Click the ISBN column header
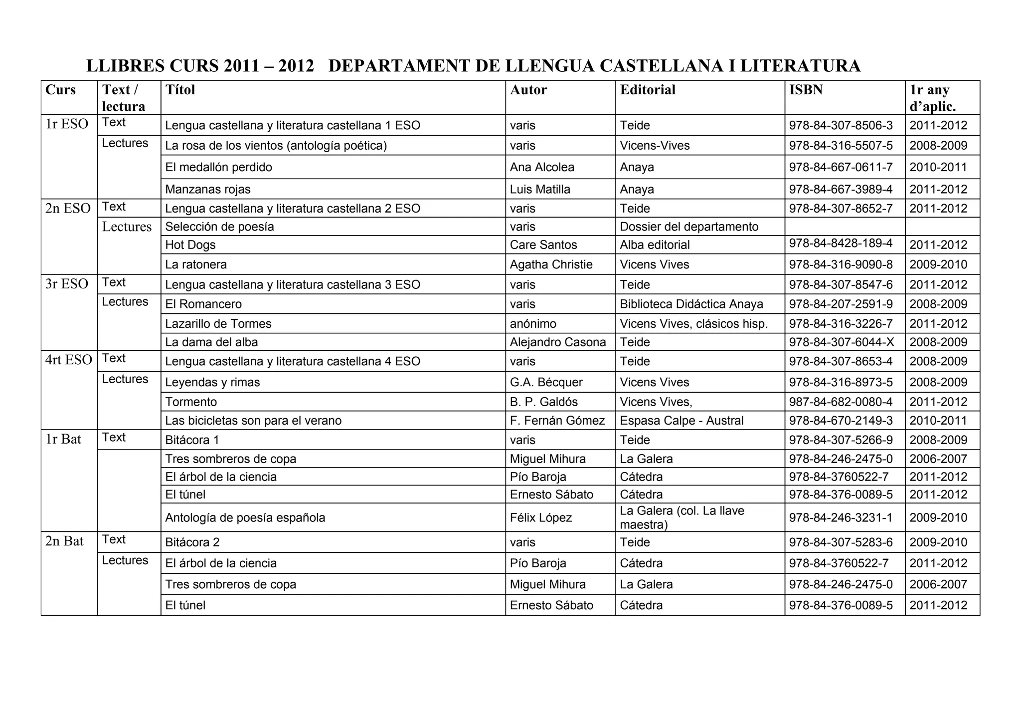pyautogui.click(x=806, y=90)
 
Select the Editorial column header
pyautogui.click(x=647, y=90)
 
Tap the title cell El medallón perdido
pyautogui.click(x=218, y=167)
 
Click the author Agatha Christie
pyautogui.click(x=551, y=264)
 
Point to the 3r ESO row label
pyautogui.click(x=67, y=284)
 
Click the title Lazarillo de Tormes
pyautogui.click(x=218, y=324)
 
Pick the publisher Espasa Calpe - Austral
pyautogui.click(x=681, y=421)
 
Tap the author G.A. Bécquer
pyautogui.click(x=546, y=382)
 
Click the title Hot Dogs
pyautogui.click(x=190, y=245)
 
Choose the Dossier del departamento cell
pyautogui.click(x=689, y=227)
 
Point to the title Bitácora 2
pyautogui.click(x=192, y=542)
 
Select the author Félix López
pyautogui.click(x=540, y=517)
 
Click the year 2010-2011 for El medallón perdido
pyautogui.click(x=938, y=167)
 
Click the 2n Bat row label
pyautogui.click(x=64, y=541)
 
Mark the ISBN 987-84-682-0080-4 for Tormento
pyautogui.click(x=841, y=402)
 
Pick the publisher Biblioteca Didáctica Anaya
pyautogui.click(x=691, y=304)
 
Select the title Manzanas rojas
pyautogui.click(x=207, y=190)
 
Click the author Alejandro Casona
pyautogui.click(x=557, y=342)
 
